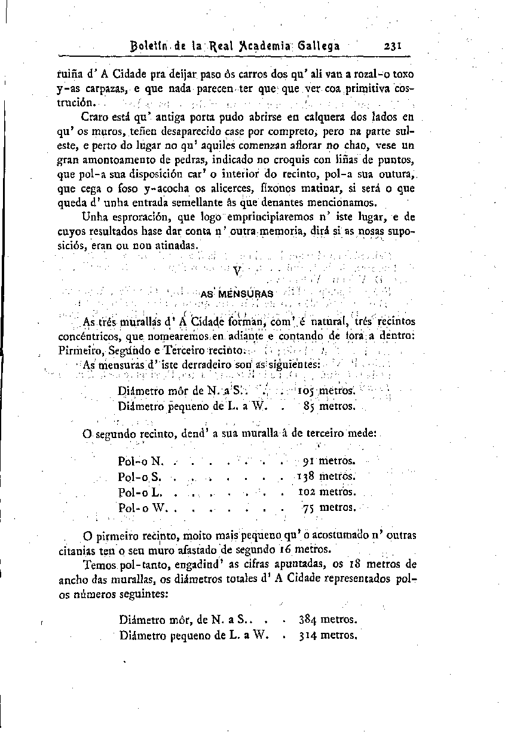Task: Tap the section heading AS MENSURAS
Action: (237, 294)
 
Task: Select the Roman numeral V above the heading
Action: (237, 271)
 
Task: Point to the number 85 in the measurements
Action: (309, 407)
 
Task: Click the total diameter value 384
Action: (308, 620)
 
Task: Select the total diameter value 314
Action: (308, 635)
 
